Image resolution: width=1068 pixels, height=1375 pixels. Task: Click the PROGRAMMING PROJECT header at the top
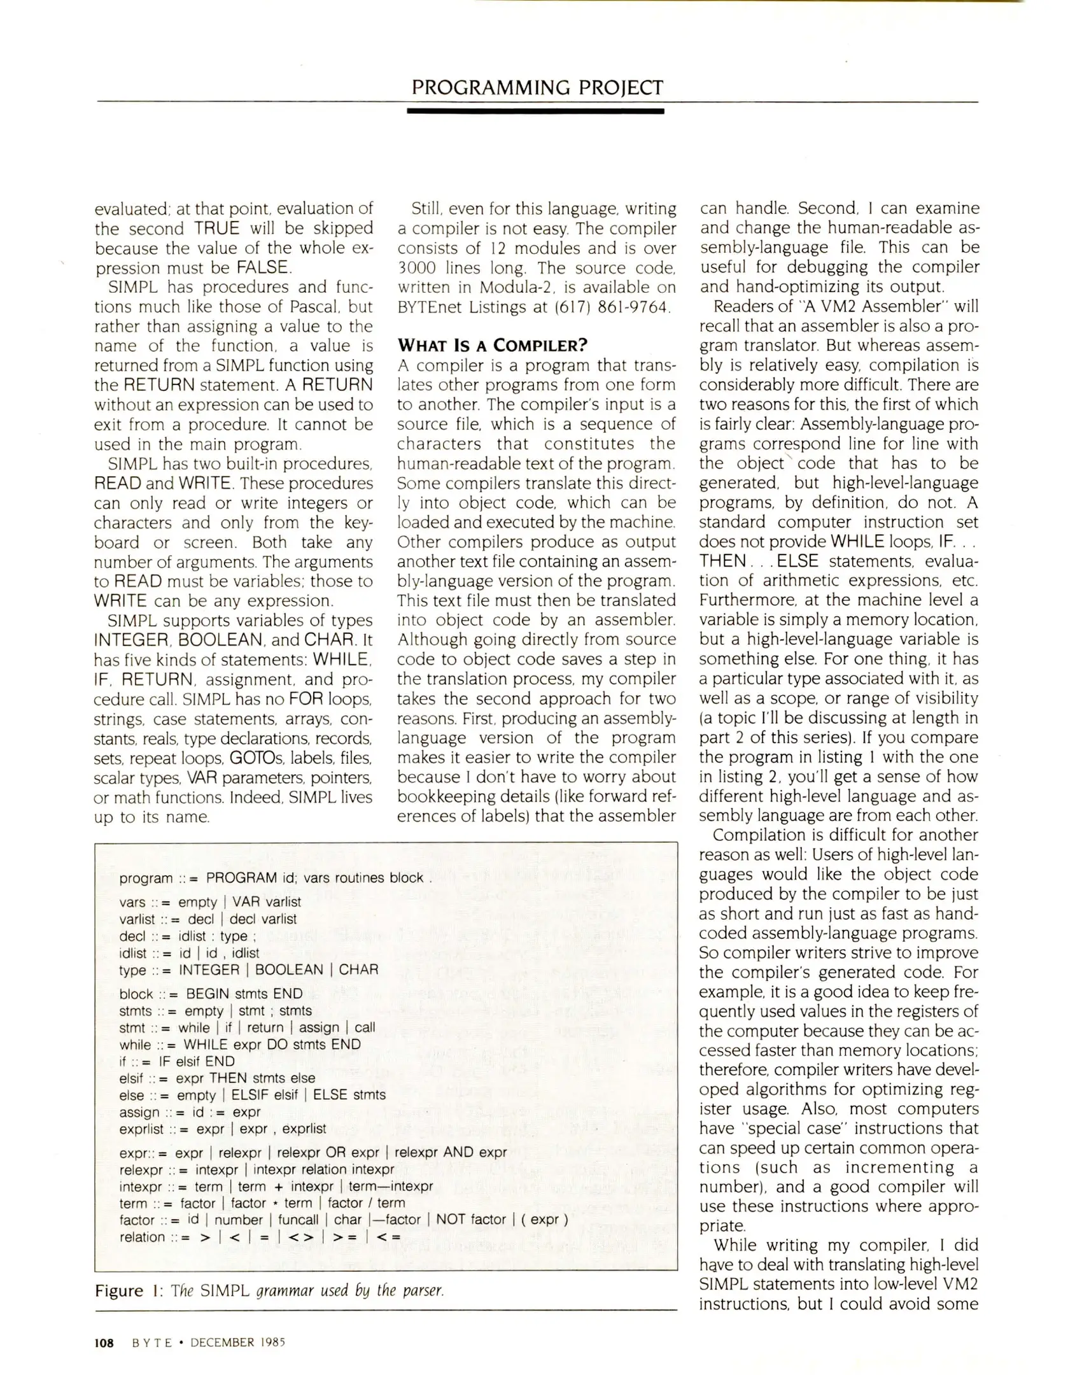(x=537, y=87)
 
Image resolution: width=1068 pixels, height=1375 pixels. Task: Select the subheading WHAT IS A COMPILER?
(x=491, y=346)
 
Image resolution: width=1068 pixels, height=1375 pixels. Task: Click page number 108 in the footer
(x=104, y=1343)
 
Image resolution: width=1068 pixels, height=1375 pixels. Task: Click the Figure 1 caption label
(x=129, y=1291)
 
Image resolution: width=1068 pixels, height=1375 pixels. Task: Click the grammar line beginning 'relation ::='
(x=260, y=1237)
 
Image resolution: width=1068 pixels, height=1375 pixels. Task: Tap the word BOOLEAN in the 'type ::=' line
(x=288, y=970)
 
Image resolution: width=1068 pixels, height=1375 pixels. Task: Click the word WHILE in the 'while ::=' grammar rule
(x=205, y=1045)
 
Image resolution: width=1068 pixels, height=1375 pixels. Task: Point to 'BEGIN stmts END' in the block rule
(x=244, y=994)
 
